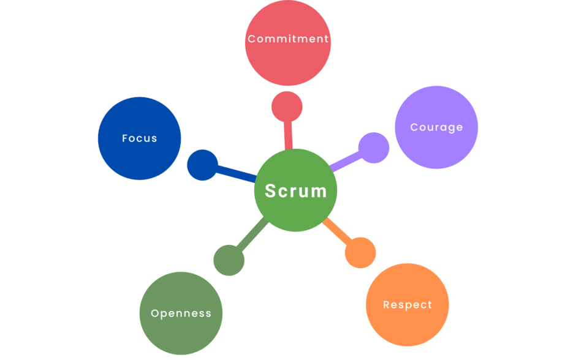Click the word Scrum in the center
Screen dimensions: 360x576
tap(296, 191)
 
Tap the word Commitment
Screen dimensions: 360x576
tap(288, 39)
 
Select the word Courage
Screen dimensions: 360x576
tap(436, 127)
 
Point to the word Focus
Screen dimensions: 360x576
tap(140, 138)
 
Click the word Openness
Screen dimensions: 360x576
tap(181, 313)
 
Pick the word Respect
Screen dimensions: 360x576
tap(407, 305)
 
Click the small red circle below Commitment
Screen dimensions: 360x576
tap(287, 107)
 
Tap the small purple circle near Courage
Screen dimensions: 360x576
tap(373, 148)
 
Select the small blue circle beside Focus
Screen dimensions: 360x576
tap(202, 165)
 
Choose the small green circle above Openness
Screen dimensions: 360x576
tap(229, 260)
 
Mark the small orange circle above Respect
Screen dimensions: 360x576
tap(360, 252)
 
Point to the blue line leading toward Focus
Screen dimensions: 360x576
tap(237, 174)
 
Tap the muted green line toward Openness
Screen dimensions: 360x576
tap(252, 236)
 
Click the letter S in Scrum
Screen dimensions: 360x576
tap(270, 191)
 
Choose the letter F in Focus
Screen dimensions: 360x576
tap(125, 138)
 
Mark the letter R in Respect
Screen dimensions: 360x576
tap(387, 305)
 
